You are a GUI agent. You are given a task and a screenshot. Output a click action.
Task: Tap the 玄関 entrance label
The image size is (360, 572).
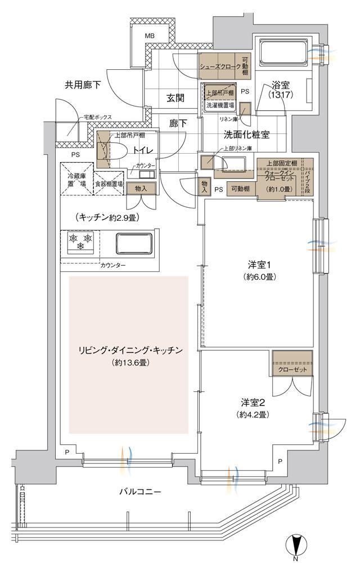(x=175, y=97)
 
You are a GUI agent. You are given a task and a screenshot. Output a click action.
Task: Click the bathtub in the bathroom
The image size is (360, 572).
(x=281, y=52)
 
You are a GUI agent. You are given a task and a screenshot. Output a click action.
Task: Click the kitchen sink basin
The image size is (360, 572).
(x=134, y=244)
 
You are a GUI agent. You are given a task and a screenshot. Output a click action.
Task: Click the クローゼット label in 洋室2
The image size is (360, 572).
(x=291, y=370)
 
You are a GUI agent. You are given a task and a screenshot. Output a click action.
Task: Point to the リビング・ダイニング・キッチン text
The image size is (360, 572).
(x=130, y=351)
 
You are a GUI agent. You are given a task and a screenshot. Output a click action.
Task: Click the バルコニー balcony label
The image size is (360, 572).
(x=140, y=491)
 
